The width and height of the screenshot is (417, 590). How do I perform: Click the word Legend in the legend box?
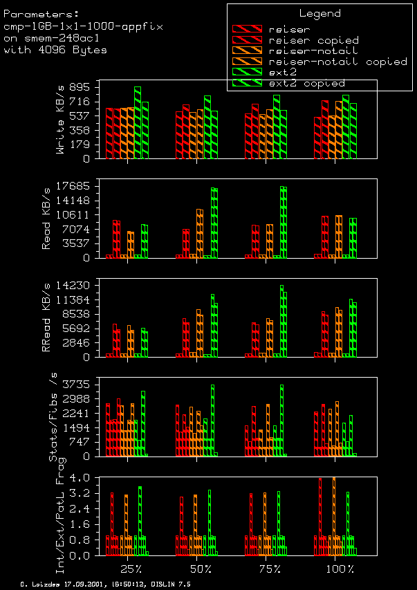319,13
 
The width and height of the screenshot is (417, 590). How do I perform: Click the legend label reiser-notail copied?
337,62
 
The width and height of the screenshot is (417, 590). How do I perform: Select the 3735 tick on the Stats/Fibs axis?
77,385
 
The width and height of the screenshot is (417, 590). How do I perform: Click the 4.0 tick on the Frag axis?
83,477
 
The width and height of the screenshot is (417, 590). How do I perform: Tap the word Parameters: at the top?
37,13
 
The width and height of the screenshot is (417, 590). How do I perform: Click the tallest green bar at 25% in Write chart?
137,122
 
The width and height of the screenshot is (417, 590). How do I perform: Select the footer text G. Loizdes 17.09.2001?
62,584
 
